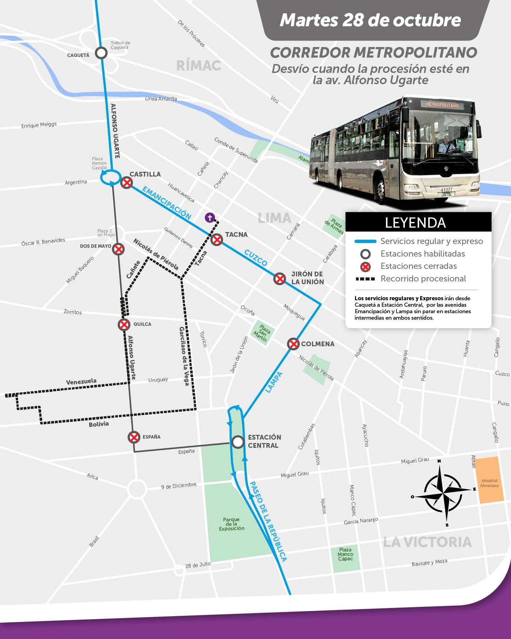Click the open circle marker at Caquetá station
pyautogui.click(x=101, y=53)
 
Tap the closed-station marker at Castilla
pyautogui.click(x=127, y=183)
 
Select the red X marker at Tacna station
pyautogui.click(x=217, y=240)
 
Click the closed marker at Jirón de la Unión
pyautogui.click(x=280, y=279)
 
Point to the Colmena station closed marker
pyautogui.click(x=293, y=344)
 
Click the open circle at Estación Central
pyautogui.click(x=237, y=442)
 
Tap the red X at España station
pyautogui.click(x=134, y=437)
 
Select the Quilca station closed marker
pyautogui.click(x=124, y=324)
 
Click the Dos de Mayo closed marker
pyautogui.click(x=118, y=249)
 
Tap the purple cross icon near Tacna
pyautogui.click(x=210, y=217)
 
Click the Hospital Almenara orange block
pyautogui.click(x=489, y=481)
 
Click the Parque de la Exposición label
pyautogui.click(x=232, y=524)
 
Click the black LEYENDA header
pyautogui.click(x=418, y=223)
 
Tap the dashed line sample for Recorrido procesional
pyautogui.click(x=365, y=279)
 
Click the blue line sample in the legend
pyautogui.click(x=365, y=241)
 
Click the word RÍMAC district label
pyautogui.click(x=199, y=66)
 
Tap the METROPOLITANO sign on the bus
pyautogui.click(x=442, y=105)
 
